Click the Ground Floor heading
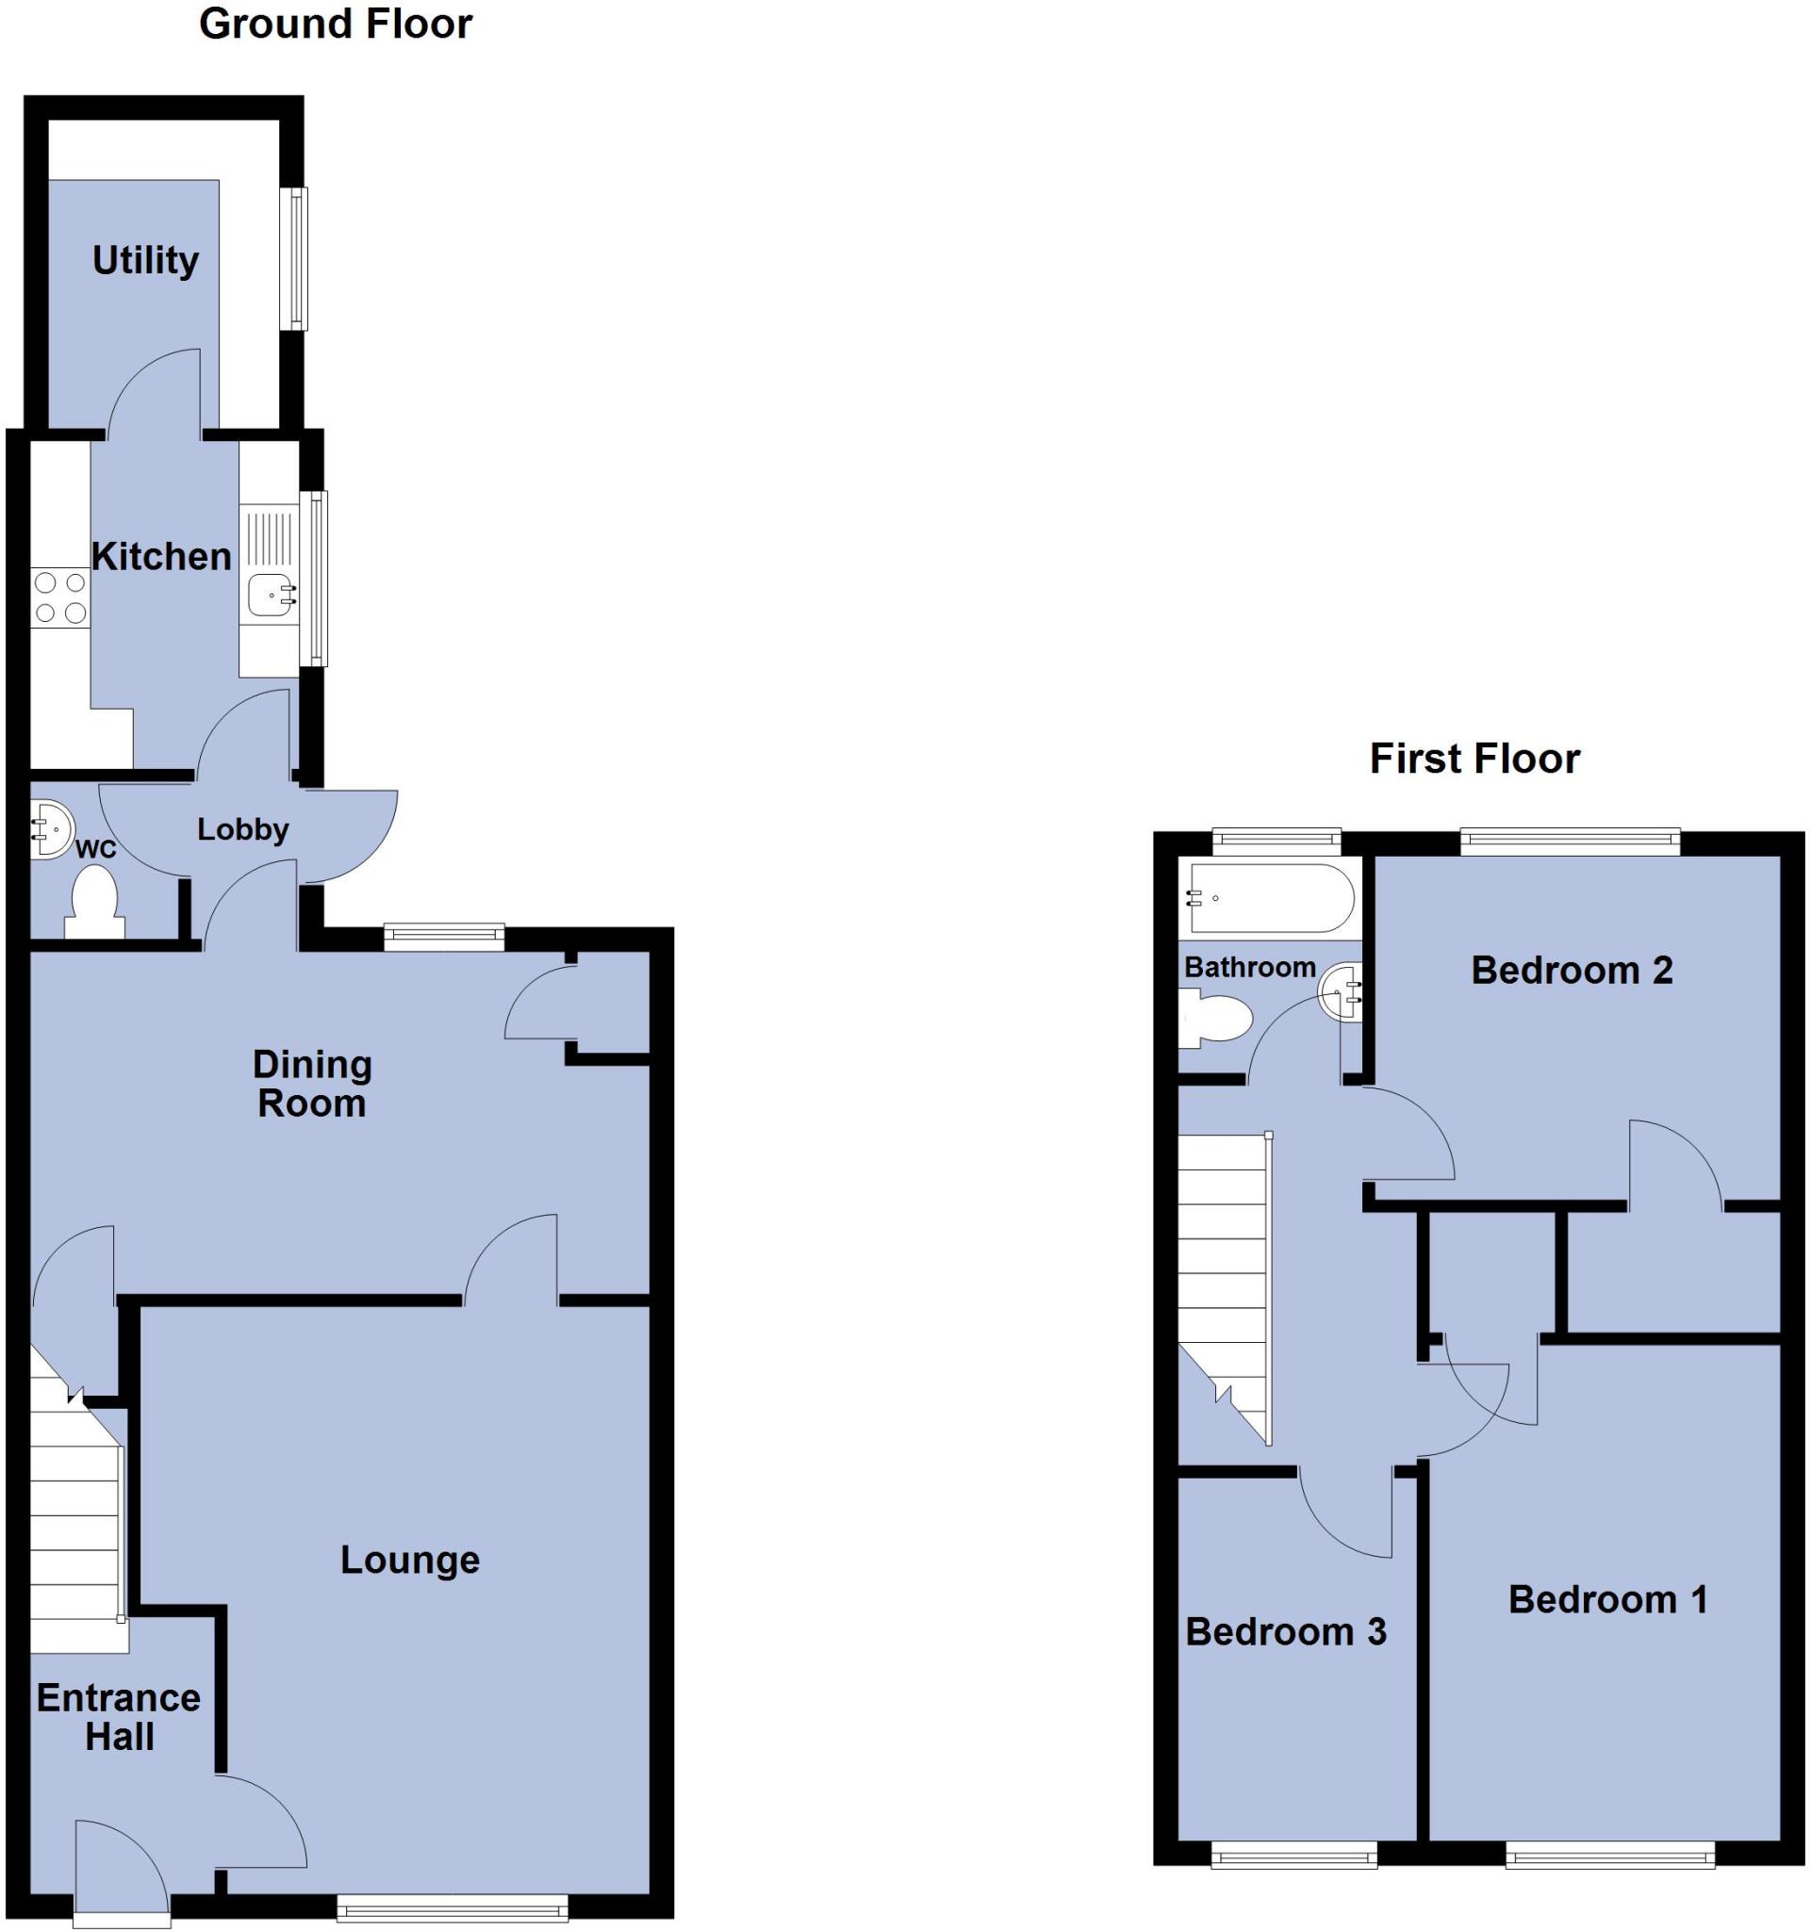pos(335,25)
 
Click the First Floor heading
pos(1474,759)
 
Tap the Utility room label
pos(146,260)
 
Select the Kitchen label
pos(161,556)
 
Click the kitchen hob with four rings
pos(60,598)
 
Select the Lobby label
pos(243,829)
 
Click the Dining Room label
pos(312,1084)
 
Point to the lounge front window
pos(453,1907)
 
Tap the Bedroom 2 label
pos(1572,970)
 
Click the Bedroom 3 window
pos(1293,1856)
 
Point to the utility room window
pos(294,258)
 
